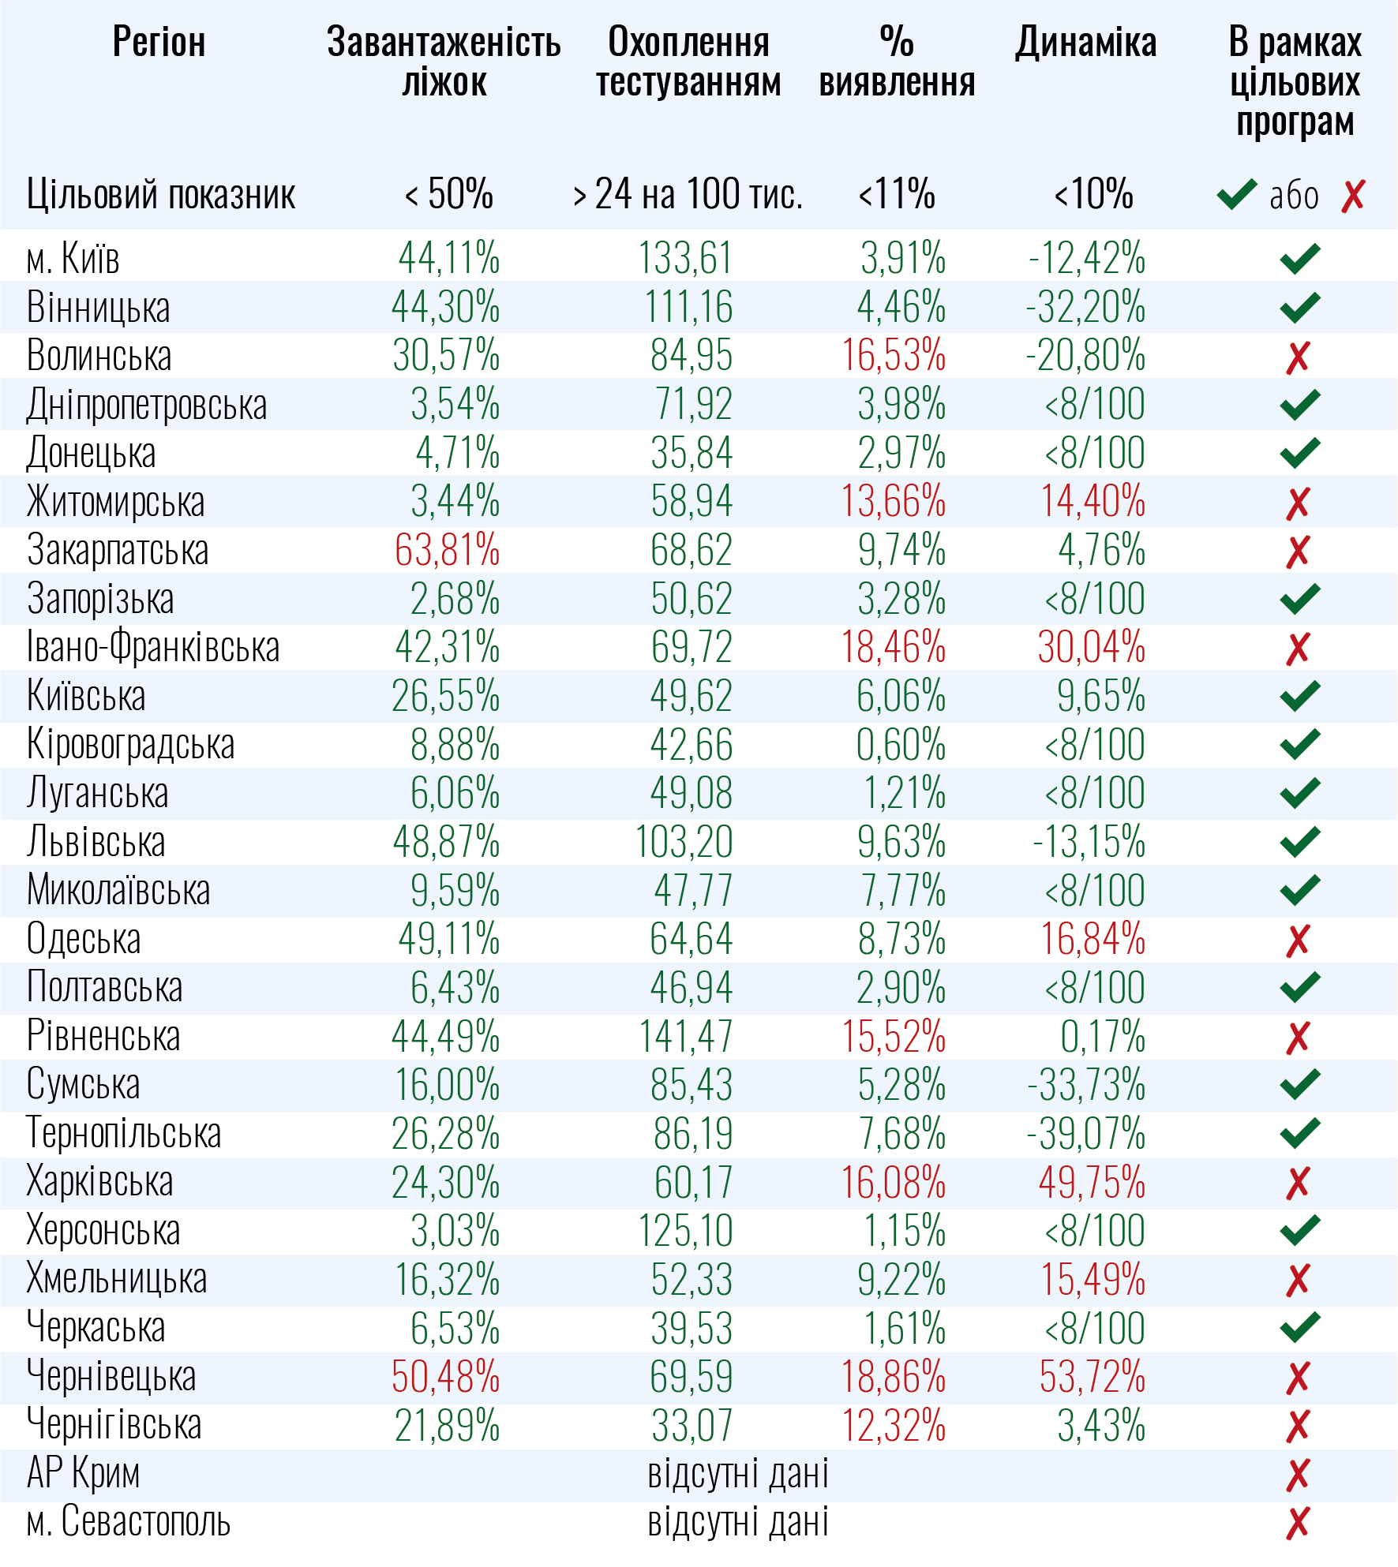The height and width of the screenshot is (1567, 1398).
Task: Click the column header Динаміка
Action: (x=1085, y=43)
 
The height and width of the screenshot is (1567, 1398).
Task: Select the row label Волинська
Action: (x=99, y=356)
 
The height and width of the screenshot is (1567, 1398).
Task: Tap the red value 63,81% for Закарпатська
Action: (x=447, y=551)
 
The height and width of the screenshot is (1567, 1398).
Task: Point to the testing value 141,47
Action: (x=685, y=1037)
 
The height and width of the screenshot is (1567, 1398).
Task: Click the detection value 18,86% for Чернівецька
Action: (x=893, y=1378)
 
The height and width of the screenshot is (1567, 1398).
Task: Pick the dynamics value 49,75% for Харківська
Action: (x=1092, y=1183)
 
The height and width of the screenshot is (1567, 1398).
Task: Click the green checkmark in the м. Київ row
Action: (x=1299, y=258)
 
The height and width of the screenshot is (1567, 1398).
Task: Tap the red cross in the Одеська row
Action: (x=1298, y=940)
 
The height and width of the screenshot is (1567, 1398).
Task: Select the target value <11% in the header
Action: (x=897, y=194)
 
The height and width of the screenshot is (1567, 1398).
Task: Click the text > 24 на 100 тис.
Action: (x=688, y=194)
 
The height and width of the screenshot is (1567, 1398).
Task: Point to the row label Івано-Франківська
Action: (x=153, y=648)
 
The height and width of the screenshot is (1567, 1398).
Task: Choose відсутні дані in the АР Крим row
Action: (x=737, y=1474)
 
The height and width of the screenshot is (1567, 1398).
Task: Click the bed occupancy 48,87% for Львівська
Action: (x=446, y=843)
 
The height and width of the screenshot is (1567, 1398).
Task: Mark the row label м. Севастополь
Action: (x=128, y=1522)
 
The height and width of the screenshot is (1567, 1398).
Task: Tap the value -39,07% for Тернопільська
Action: (x=1085, y=1134)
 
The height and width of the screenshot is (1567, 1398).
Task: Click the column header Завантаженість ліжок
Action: (x=444, y=62)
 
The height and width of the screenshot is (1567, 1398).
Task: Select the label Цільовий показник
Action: (x=161, y=195)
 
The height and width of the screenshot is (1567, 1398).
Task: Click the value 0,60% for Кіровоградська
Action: (x=901, y=745)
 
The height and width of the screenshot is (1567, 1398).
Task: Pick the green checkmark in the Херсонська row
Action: (x=1299, y=1230)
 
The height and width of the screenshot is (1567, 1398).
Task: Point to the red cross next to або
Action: (x=1353, y=196)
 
